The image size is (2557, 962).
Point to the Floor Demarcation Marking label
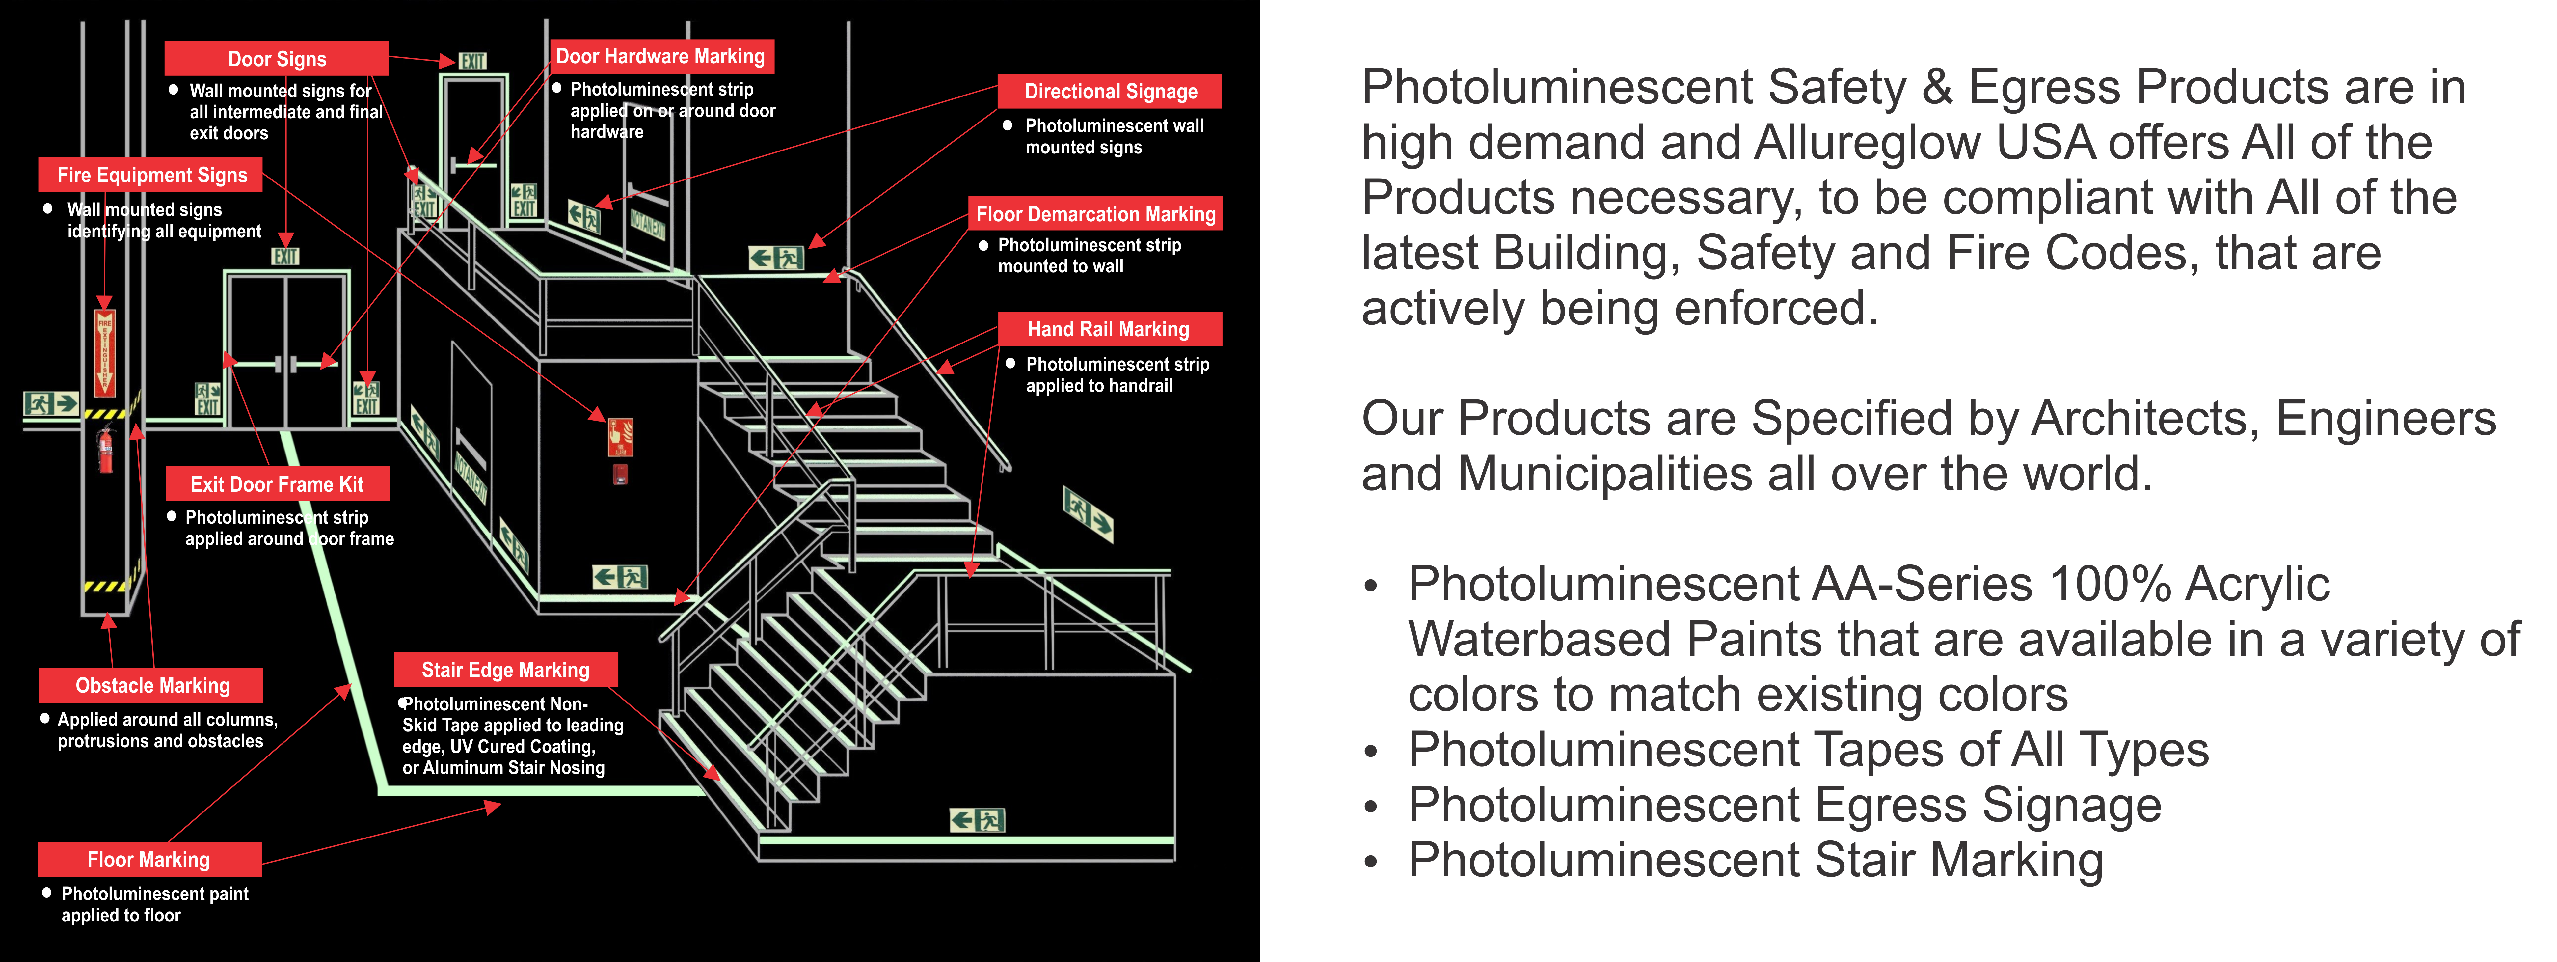[1095, 213]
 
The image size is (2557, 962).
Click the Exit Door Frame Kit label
[277, 484]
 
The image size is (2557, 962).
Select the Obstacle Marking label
[152, 685]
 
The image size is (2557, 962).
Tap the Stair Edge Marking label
[505, 670]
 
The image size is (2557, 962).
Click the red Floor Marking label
[149, 859]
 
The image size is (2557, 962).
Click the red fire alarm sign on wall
[620, 437]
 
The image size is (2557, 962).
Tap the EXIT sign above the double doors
[286, 256]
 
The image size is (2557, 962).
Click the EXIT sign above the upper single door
[472, 62]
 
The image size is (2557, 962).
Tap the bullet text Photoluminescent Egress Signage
[1784, 805]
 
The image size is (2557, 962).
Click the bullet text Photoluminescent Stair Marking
[1755, 860]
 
